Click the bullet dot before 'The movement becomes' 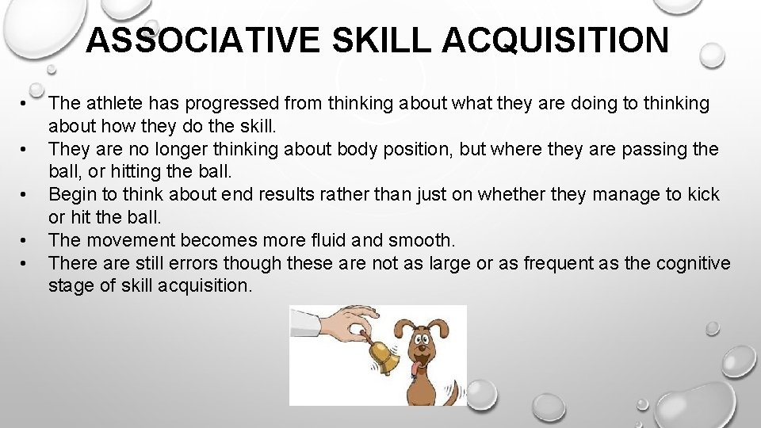pyautogui.click(x=26, y=240)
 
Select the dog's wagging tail pyautogui.click(x=453, y=391)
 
